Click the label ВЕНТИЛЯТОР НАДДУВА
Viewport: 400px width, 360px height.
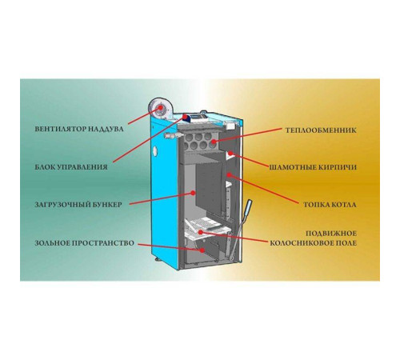[79, 129]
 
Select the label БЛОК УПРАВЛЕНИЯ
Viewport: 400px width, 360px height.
[71, 167]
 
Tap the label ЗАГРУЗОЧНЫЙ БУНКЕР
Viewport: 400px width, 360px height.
[78, 205]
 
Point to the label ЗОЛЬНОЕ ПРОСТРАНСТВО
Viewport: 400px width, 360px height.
[84, 243]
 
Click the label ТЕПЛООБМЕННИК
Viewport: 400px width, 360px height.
[321, 130]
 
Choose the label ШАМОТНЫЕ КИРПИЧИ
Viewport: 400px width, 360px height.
[313, 167]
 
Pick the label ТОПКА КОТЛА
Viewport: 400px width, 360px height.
[330, 205]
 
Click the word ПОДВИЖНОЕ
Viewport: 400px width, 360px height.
[331, 234]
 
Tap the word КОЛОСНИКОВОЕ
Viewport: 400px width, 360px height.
[298, 243]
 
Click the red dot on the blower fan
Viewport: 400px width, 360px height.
[161, 107]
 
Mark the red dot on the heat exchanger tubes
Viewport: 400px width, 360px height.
[214, 141]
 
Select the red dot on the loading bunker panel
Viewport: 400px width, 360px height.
[193, 193]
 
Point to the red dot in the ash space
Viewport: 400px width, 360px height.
[202, 250]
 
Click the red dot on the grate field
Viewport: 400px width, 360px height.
[201, 232]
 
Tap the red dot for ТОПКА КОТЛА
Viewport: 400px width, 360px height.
[229, 174]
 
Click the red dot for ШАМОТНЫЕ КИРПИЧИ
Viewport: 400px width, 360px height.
[230, 154]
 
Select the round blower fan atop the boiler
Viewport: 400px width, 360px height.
[159, 108]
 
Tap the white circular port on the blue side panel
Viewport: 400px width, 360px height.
[155, 150]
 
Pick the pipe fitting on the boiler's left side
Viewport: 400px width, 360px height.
[172, 135]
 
